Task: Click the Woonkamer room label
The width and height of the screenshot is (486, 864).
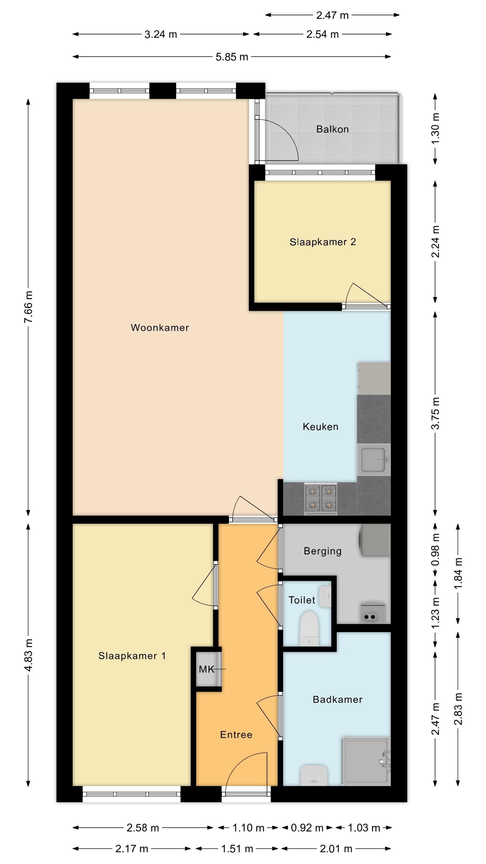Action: (160, 328)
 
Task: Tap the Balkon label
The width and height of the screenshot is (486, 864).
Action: (332, 129)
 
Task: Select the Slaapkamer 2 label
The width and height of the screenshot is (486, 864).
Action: (323, 242)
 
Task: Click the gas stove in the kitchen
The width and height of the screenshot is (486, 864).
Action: (321, 499)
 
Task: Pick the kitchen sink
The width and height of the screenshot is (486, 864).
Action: (374, 459)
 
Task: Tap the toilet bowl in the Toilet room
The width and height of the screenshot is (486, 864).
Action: (309, 628)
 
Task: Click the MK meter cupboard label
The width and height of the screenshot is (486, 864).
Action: (206, 670)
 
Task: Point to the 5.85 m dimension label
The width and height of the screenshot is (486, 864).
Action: (232, 57)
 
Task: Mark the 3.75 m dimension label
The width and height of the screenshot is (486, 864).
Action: (435, 413)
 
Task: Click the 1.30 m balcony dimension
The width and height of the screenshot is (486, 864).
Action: (435, 129)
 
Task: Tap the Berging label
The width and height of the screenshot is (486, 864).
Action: (323, 551)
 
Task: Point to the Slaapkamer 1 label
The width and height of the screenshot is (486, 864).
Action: (132, 656)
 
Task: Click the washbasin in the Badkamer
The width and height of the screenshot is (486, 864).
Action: (314, 776)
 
